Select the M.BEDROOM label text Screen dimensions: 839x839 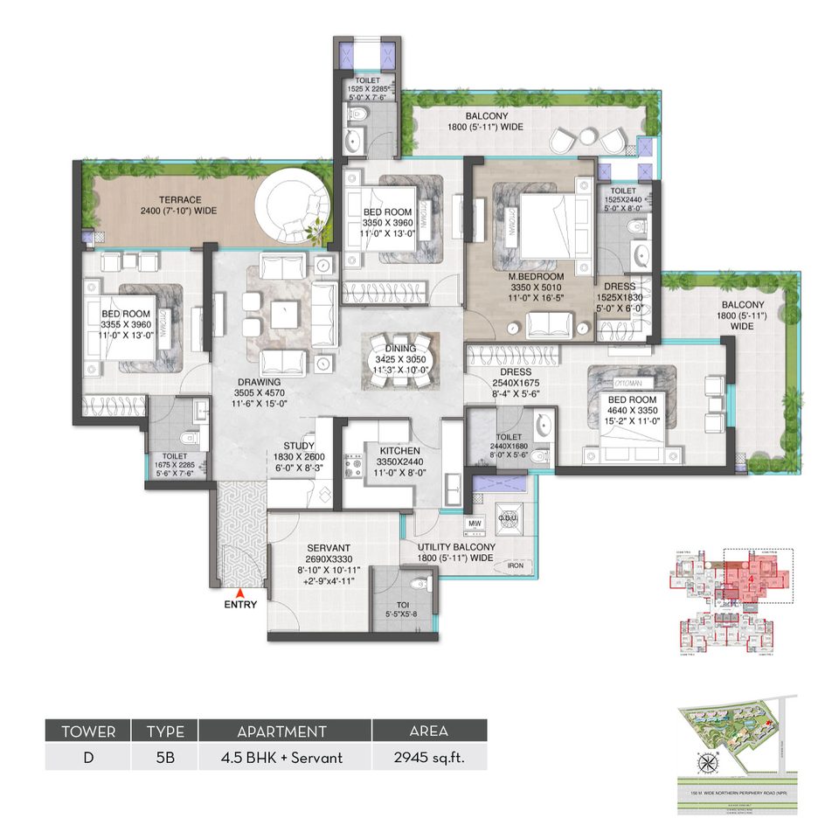click(x=538, y=276)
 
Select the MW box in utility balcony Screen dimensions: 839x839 click(x=475, y=524)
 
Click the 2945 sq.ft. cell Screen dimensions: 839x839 click(x=429, y=757)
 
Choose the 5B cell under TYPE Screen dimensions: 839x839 click(x=164, y=757)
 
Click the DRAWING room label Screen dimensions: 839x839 click(x=257, y=382)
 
